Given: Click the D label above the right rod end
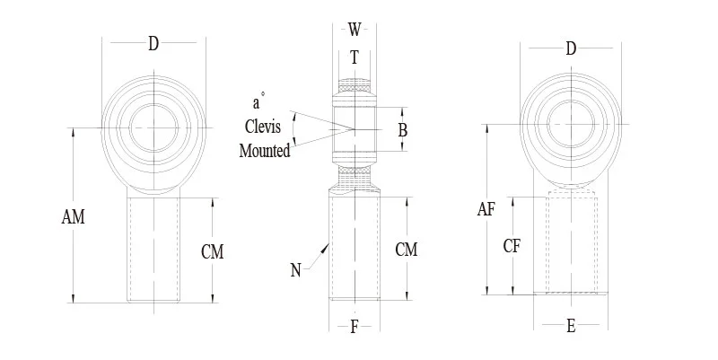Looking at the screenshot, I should (x=571, y=48).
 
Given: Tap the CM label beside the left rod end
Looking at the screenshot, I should (x=212, y=252).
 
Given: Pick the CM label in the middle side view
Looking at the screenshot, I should (x=406, y=250).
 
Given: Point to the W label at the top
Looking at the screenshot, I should (x=355, y=30).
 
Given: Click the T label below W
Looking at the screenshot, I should (x=355, y=57).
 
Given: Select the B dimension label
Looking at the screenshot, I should (x=403, y=130).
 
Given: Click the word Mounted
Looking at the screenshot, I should (x=265, y=151).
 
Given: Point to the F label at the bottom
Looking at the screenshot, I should (x=355, y=327).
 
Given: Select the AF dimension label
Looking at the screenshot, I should (x=486, y=210).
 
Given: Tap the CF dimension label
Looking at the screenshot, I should (x=512, y=245).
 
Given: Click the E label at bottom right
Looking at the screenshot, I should (x=571, y=327).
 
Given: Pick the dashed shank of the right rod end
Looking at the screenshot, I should (x=572, y=242).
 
